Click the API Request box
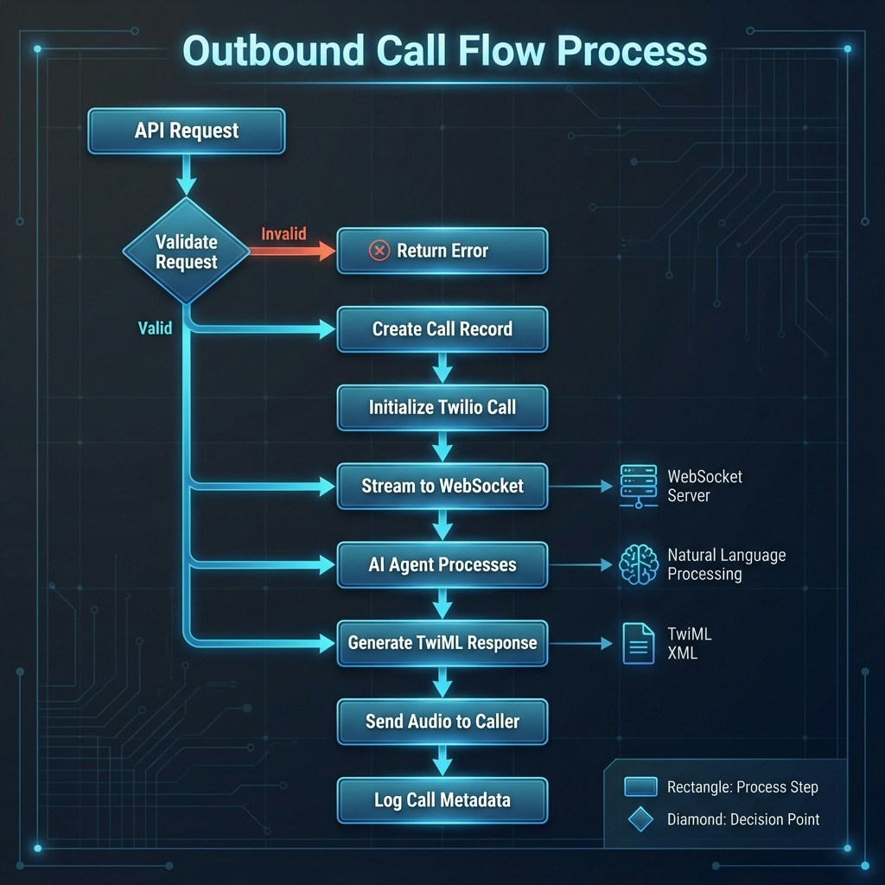(186, 131)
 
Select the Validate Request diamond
(186, 251)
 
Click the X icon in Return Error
(379, 251)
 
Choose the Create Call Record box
(442, 329)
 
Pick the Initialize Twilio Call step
(442, 407)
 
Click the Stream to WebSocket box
(442, 486)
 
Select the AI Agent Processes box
(442, 565)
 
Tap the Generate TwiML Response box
(442, 643)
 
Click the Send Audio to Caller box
(442, 721)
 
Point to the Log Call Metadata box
(442, 799)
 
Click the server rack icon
(639, 486)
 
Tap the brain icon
(639, 565)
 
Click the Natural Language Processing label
(726, 564)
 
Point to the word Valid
(155, 328)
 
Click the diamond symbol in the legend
(640, 819)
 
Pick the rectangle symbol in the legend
(640, 787)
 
